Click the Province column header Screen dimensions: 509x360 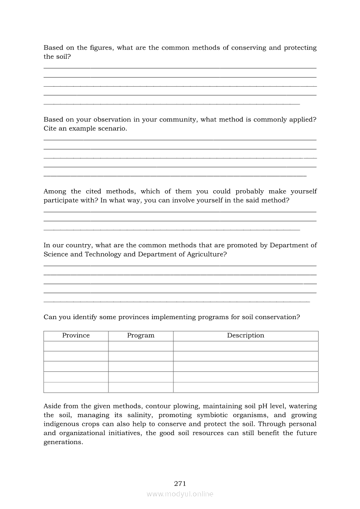click(x=76, y=335)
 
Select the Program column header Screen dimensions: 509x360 click(x=141, y=335)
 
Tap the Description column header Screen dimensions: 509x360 click(x=245, y=335)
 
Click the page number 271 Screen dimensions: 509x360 click(x=180, y=483)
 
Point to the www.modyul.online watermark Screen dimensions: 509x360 click(x=180, y=494)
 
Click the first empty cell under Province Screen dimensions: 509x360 click(x=76, y=346)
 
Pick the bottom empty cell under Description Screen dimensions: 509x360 click(x=245, y=388)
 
